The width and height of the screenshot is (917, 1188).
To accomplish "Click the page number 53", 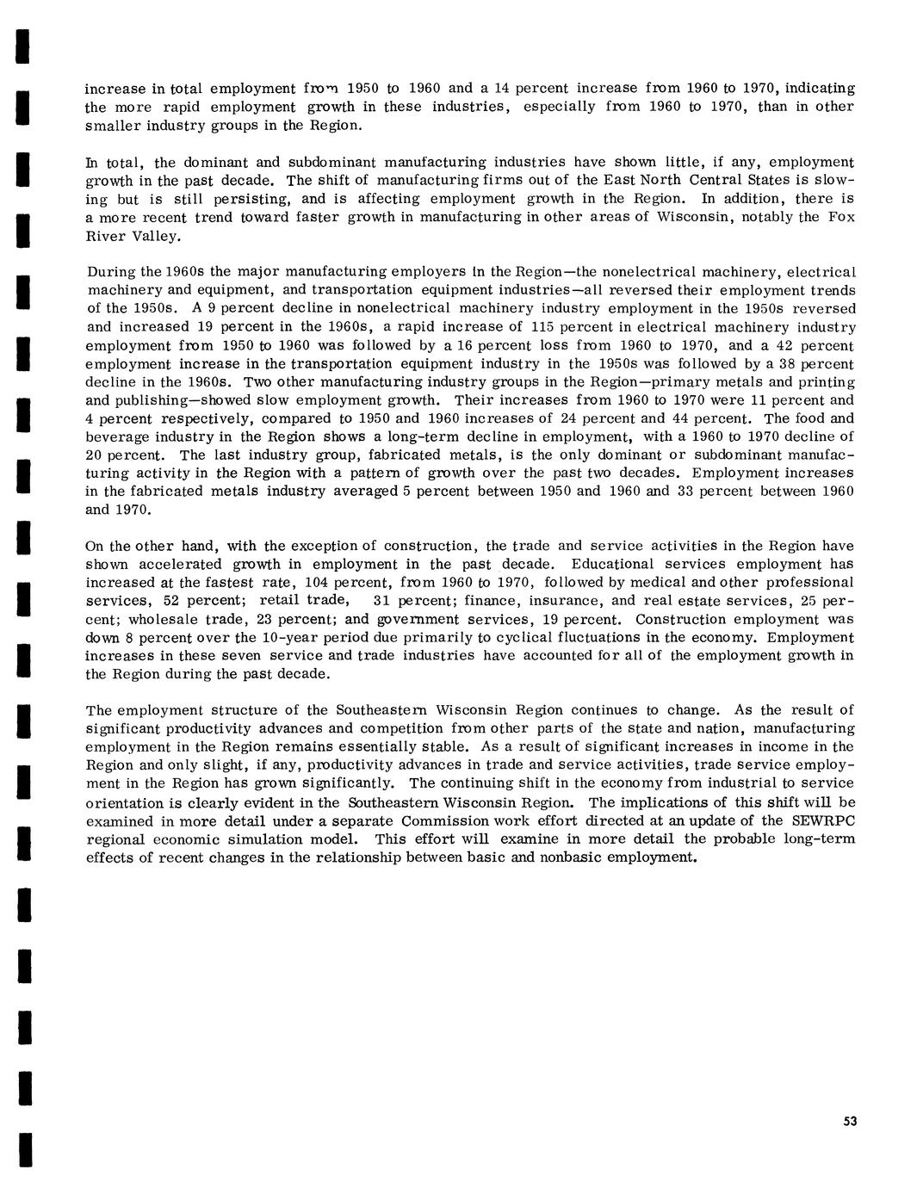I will [850, 1121].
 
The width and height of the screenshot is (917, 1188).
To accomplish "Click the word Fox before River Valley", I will [840, 217].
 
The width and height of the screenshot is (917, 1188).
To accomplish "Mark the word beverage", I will [118, 436].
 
